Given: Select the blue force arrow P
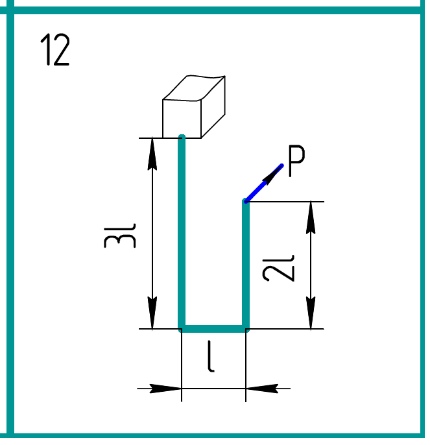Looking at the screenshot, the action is (265, 183).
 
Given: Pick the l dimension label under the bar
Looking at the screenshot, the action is (211, 359).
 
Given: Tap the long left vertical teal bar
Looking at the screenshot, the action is (182, 234).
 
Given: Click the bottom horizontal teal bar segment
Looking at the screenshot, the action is (214, 328).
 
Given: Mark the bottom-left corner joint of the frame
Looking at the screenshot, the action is (182, 328).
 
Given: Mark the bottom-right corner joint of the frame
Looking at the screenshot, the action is (246, 328).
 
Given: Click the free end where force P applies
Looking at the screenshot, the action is (246, 202).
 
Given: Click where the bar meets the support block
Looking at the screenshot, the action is (182, 137).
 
